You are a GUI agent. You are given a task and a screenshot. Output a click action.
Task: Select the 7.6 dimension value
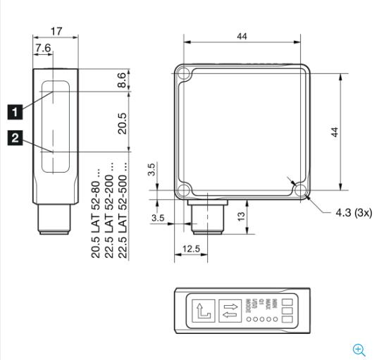point(43,47)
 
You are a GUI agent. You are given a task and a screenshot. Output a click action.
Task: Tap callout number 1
point(12,110)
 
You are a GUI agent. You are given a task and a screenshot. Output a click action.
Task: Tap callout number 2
point(12,137)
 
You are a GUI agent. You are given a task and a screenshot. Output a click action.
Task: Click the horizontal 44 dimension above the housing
point(242,37)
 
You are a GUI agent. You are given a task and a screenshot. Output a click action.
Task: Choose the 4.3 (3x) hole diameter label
point(343,211)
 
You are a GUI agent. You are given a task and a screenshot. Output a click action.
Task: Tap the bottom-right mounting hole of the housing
point(301,190)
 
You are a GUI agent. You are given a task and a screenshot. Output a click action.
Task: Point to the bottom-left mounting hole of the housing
point(183,190)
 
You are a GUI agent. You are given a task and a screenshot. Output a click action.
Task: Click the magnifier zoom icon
point(359,349)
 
